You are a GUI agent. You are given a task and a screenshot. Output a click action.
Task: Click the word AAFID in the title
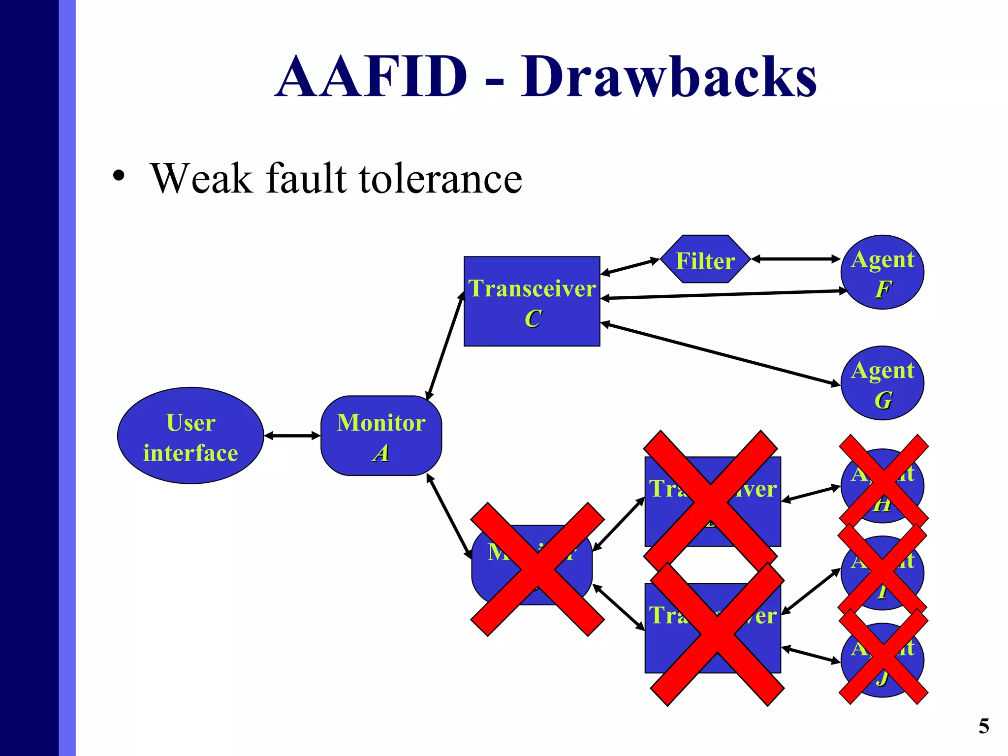(x=372, y=77)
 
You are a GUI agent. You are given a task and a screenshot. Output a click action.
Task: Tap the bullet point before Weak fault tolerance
(x=118, y=176)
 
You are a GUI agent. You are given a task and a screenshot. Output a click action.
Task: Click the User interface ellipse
(x=190, y=436)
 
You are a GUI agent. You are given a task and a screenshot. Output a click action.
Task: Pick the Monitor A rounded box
(x=381, y=436)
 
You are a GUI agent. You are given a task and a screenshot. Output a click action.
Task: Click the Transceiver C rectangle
(x=532, y=301)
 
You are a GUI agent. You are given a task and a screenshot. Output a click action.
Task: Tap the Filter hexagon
(x=705, y=259)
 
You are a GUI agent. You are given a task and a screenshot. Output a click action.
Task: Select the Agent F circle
(x=882, y=272)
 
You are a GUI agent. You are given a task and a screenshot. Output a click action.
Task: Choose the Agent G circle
(x=882, y=383)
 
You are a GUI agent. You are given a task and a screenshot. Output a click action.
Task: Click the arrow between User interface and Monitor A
(x=292, y=436)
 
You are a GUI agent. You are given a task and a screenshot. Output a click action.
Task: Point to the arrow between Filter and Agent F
(x=795, y=259)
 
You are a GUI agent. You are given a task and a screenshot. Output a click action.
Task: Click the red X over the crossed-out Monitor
(x=537, y=569)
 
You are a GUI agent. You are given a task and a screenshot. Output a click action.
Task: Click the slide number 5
(x=983, y=726)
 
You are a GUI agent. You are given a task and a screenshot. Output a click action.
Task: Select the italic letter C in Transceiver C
(x=533, y=319)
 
